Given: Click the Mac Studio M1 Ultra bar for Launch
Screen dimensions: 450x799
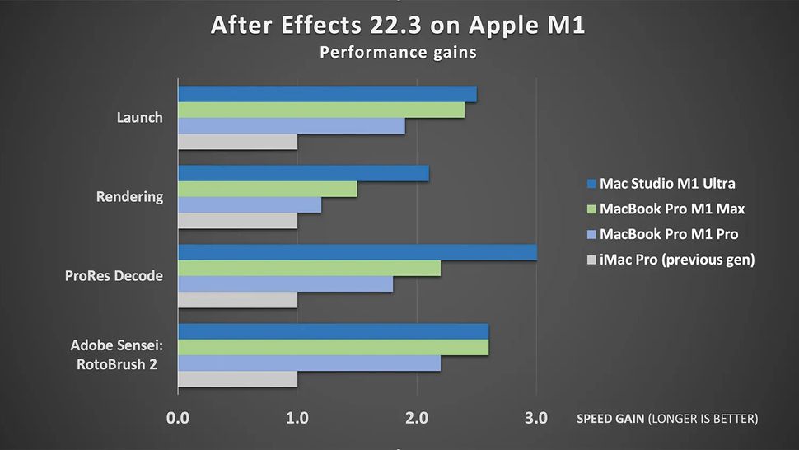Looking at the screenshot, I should click(327, 94).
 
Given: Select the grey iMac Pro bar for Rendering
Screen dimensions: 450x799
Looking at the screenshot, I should click(237, 221).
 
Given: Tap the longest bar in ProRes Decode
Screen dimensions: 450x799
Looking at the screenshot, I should click(357, 253).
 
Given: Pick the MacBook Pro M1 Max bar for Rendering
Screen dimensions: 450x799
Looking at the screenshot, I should click(268, 190).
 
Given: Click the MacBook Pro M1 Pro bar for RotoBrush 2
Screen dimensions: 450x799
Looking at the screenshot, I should click(310, 363).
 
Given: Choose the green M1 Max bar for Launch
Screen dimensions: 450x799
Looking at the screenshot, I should click(321, 110).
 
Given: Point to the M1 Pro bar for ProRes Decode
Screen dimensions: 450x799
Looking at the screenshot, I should click(286, 284).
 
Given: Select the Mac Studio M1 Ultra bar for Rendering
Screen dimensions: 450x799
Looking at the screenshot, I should click(303, 174).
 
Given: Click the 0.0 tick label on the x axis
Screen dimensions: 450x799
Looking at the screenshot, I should click(178, 419).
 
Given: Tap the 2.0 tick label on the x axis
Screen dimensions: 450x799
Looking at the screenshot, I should click(417, 419).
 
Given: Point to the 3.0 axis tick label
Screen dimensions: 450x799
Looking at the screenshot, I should click(536, 419).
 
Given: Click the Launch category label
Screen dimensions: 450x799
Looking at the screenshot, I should click(139, 118).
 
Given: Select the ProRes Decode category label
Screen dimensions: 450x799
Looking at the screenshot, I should click(114, 276).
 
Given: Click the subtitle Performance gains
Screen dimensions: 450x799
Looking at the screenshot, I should click(399, 53).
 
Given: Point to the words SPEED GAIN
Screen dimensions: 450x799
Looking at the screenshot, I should click(611, 420).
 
